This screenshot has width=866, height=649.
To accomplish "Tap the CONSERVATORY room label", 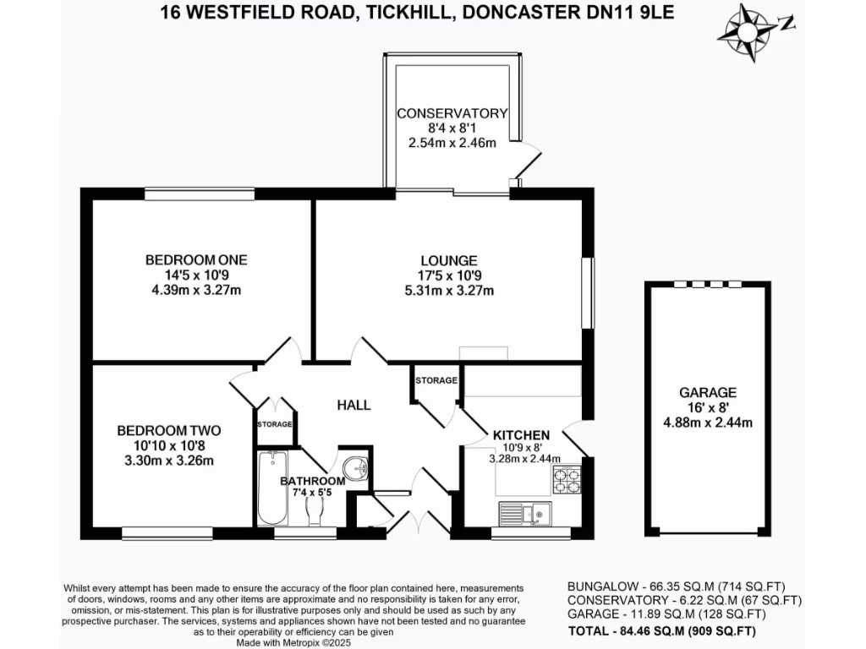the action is [452, 113].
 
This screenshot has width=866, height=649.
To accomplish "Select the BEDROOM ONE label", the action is [196, 260].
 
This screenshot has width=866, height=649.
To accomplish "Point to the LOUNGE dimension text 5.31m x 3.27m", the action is [449, 291].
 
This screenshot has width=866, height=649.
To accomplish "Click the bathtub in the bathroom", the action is [272, 488].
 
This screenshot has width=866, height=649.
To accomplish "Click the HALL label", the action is [354, 405].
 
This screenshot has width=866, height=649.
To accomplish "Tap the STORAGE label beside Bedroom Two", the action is [275, 424].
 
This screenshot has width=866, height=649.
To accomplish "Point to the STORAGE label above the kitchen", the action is [436, 380].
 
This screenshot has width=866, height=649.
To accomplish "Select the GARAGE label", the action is [708, 392].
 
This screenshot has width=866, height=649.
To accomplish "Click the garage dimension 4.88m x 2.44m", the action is [708, 423].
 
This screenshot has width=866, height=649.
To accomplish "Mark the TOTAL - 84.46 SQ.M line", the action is [661, 630].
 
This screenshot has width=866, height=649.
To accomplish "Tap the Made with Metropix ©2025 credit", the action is [293, 643].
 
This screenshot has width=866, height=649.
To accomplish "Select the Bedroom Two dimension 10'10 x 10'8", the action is [169, 445].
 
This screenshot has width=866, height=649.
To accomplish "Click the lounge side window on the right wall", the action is [589, 293].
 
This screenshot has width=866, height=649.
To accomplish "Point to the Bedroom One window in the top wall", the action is [200, 194].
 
